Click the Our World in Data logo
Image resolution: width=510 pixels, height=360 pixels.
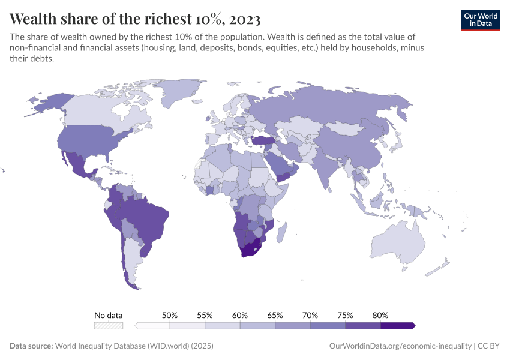pos(480,20)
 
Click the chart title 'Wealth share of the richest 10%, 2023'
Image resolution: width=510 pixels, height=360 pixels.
pos(135,16)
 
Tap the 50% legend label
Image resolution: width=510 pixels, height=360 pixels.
pos(170,315)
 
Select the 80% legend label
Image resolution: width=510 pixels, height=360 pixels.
pos(380,315)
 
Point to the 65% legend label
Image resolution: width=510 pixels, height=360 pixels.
pos(275,315)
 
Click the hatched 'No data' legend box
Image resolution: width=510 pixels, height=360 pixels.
pos(108,325)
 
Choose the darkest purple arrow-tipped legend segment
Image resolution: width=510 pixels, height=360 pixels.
pos(397,325)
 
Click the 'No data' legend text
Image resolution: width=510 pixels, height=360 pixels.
pos(108,315)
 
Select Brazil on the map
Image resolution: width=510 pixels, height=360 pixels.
pos(150,216)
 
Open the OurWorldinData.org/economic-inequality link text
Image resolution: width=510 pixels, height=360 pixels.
pos(400,346)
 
